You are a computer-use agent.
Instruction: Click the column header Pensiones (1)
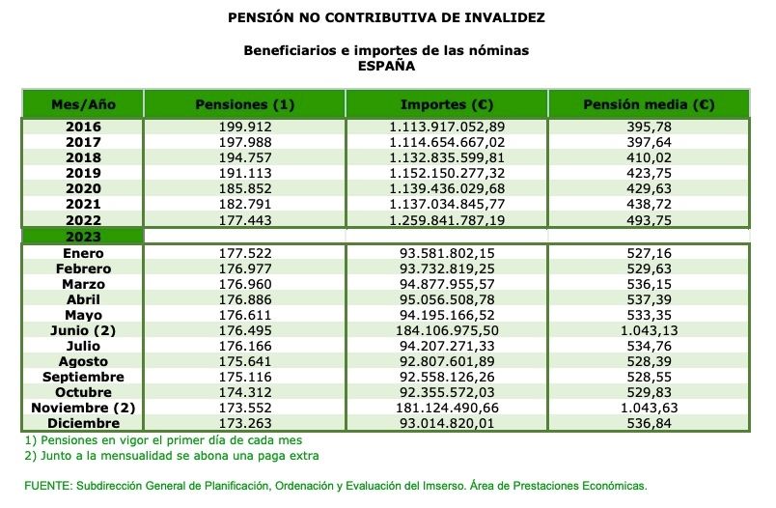pyautogui.click(x=244, y=104)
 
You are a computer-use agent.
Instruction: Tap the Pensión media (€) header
pyautogui.click(x=649, y=104)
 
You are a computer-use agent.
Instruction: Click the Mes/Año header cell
pyautogui.click(x=83, y=104)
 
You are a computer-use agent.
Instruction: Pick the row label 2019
pyautogui.click(x=83, y=173)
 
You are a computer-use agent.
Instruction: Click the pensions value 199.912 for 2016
pyautogui.click(x=244, y=127)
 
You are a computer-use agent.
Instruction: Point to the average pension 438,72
pyautogui.click(x=649, y=204)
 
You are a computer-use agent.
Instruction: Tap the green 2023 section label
pyautogui.click(x=83, y=236)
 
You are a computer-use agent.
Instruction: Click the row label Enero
pyautogui.click(x=83, y=253)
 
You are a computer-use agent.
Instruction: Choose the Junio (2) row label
pyautogui.click(x=83, y=330)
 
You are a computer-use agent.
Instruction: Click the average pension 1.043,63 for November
pyautogui.click(x=649, y=408)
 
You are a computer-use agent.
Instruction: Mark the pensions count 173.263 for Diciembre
pyautogui.click(x=244, y=423)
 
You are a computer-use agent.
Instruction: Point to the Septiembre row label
pyautogui.click(x=83, y=377)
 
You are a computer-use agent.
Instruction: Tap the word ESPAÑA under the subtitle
pyautogui.click(x=386, y=67)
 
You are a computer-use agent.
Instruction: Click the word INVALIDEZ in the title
pyautogui.click(x=497, y=17)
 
